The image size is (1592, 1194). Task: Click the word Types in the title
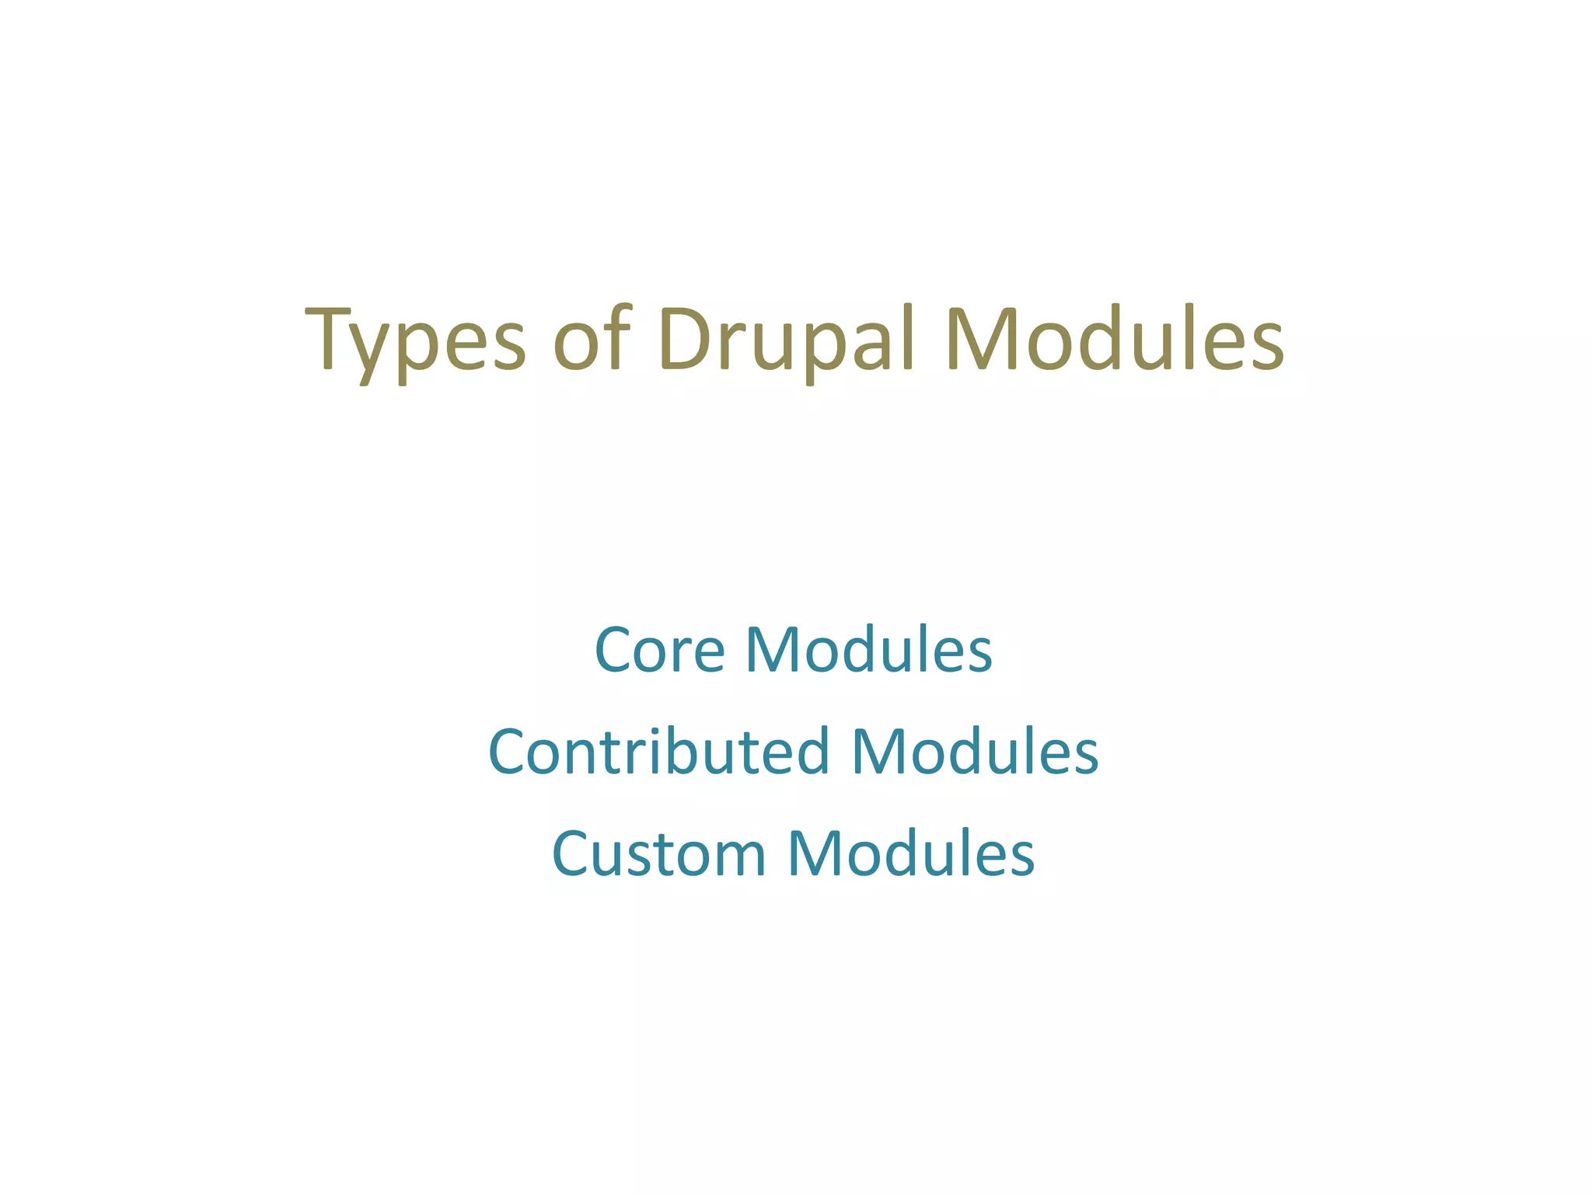416,340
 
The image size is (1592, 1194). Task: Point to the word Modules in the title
1115,340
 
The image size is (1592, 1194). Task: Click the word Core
660,650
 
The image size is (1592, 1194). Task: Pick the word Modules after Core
869,650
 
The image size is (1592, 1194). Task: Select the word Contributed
659,752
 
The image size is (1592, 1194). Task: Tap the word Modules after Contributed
976,752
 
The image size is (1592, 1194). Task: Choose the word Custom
659,854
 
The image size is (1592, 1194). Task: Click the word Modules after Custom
911,854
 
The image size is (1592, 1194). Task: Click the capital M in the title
983,340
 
